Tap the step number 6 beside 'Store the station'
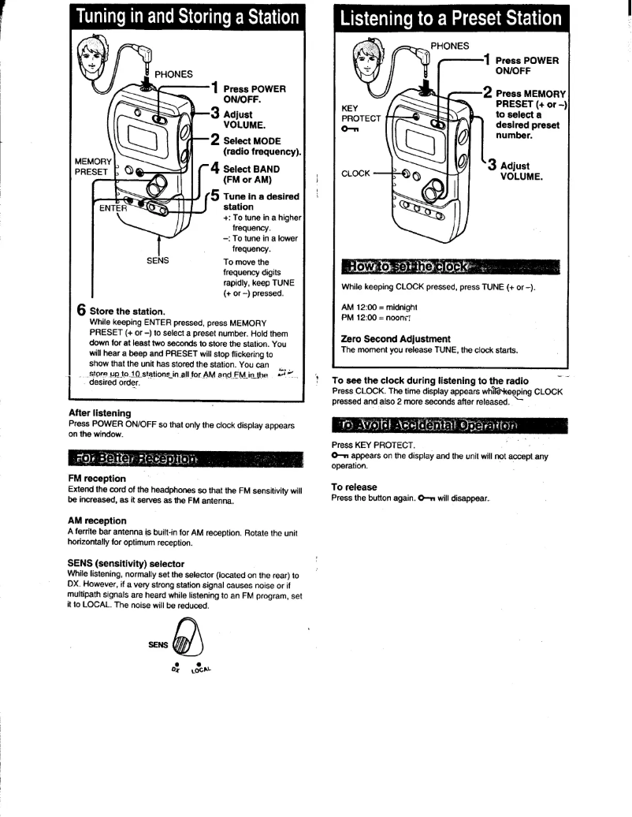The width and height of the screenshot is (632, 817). [81, 311]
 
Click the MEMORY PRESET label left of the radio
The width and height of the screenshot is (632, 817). [91, 166]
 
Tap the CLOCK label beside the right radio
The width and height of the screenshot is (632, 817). [355, 173]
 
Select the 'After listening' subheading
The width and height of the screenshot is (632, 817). [99, 412]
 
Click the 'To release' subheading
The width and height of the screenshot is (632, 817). [355, 487]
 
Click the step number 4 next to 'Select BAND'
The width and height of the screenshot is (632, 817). [214, 170]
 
